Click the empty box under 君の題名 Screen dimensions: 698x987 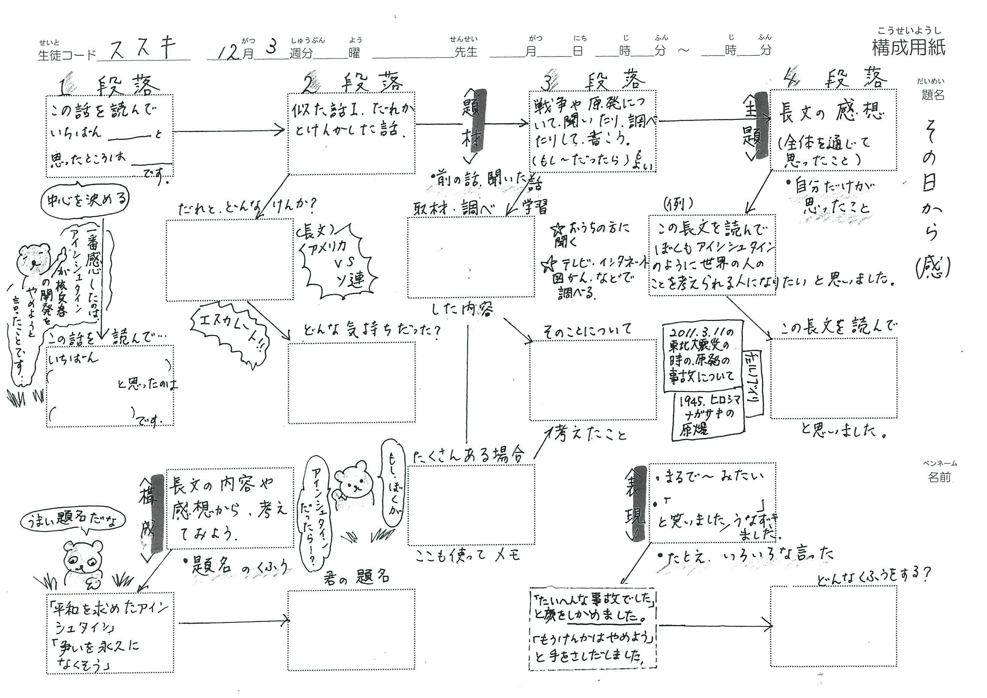(x=351, y=629)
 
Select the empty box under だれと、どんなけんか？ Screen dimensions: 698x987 (x=229, y=260)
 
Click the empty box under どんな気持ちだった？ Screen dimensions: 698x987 (x=351, y=382)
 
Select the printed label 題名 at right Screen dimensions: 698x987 (x=933, y=95)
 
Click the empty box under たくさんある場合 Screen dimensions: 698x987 (x=471, y=505)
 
